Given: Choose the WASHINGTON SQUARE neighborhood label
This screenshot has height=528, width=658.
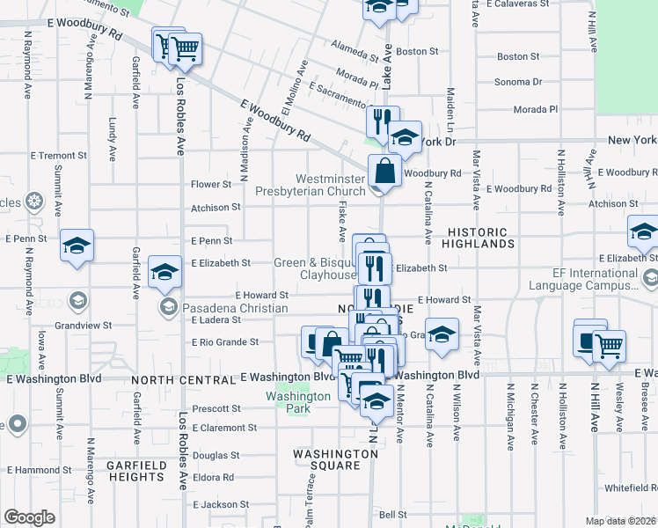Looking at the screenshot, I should (335, 454).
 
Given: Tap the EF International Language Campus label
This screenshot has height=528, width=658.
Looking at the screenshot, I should (584, 280).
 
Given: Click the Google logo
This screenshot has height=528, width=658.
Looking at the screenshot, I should (29, 517).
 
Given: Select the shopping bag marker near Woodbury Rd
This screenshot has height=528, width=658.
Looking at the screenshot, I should (384, 170).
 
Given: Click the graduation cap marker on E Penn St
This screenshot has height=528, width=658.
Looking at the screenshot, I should (77, 245).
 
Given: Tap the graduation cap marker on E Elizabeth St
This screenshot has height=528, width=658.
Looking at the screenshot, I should (164, 272).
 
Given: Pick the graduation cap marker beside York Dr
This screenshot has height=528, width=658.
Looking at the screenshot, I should (405, 137).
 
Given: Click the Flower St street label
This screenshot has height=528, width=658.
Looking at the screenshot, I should (212, 185).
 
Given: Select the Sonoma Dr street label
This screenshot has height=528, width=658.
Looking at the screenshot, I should (519, 82).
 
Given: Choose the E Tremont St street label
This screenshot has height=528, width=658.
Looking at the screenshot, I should (58, 155).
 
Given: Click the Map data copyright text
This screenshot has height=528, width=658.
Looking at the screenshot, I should (620, 521).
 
